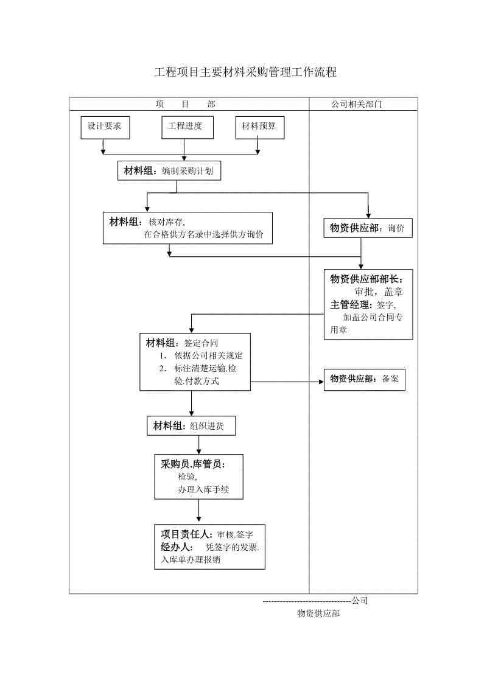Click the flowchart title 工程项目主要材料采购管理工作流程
click(x=245, y=72)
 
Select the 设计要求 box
click(x=105, y=127)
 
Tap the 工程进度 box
click(x=187, y=127)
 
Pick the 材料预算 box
click(x=259, y=127)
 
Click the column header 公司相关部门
click(x=357, y=104)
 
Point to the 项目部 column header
click(x=186, y=104)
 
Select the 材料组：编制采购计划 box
click(x=169, y=171)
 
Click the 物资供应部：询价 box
click(x=367, y=228)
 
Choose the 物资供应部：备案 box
click(x=364, y=379)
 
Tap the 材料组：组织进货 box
click(x=191, y=425)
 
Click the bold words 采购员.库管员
click(x=193, y=464)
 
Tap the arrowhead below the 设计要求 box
click(x=103, y=151)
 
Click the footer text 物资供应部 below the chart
click(x=318, y=614)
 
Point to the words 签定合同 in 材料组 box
click(x=201, y=343)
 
